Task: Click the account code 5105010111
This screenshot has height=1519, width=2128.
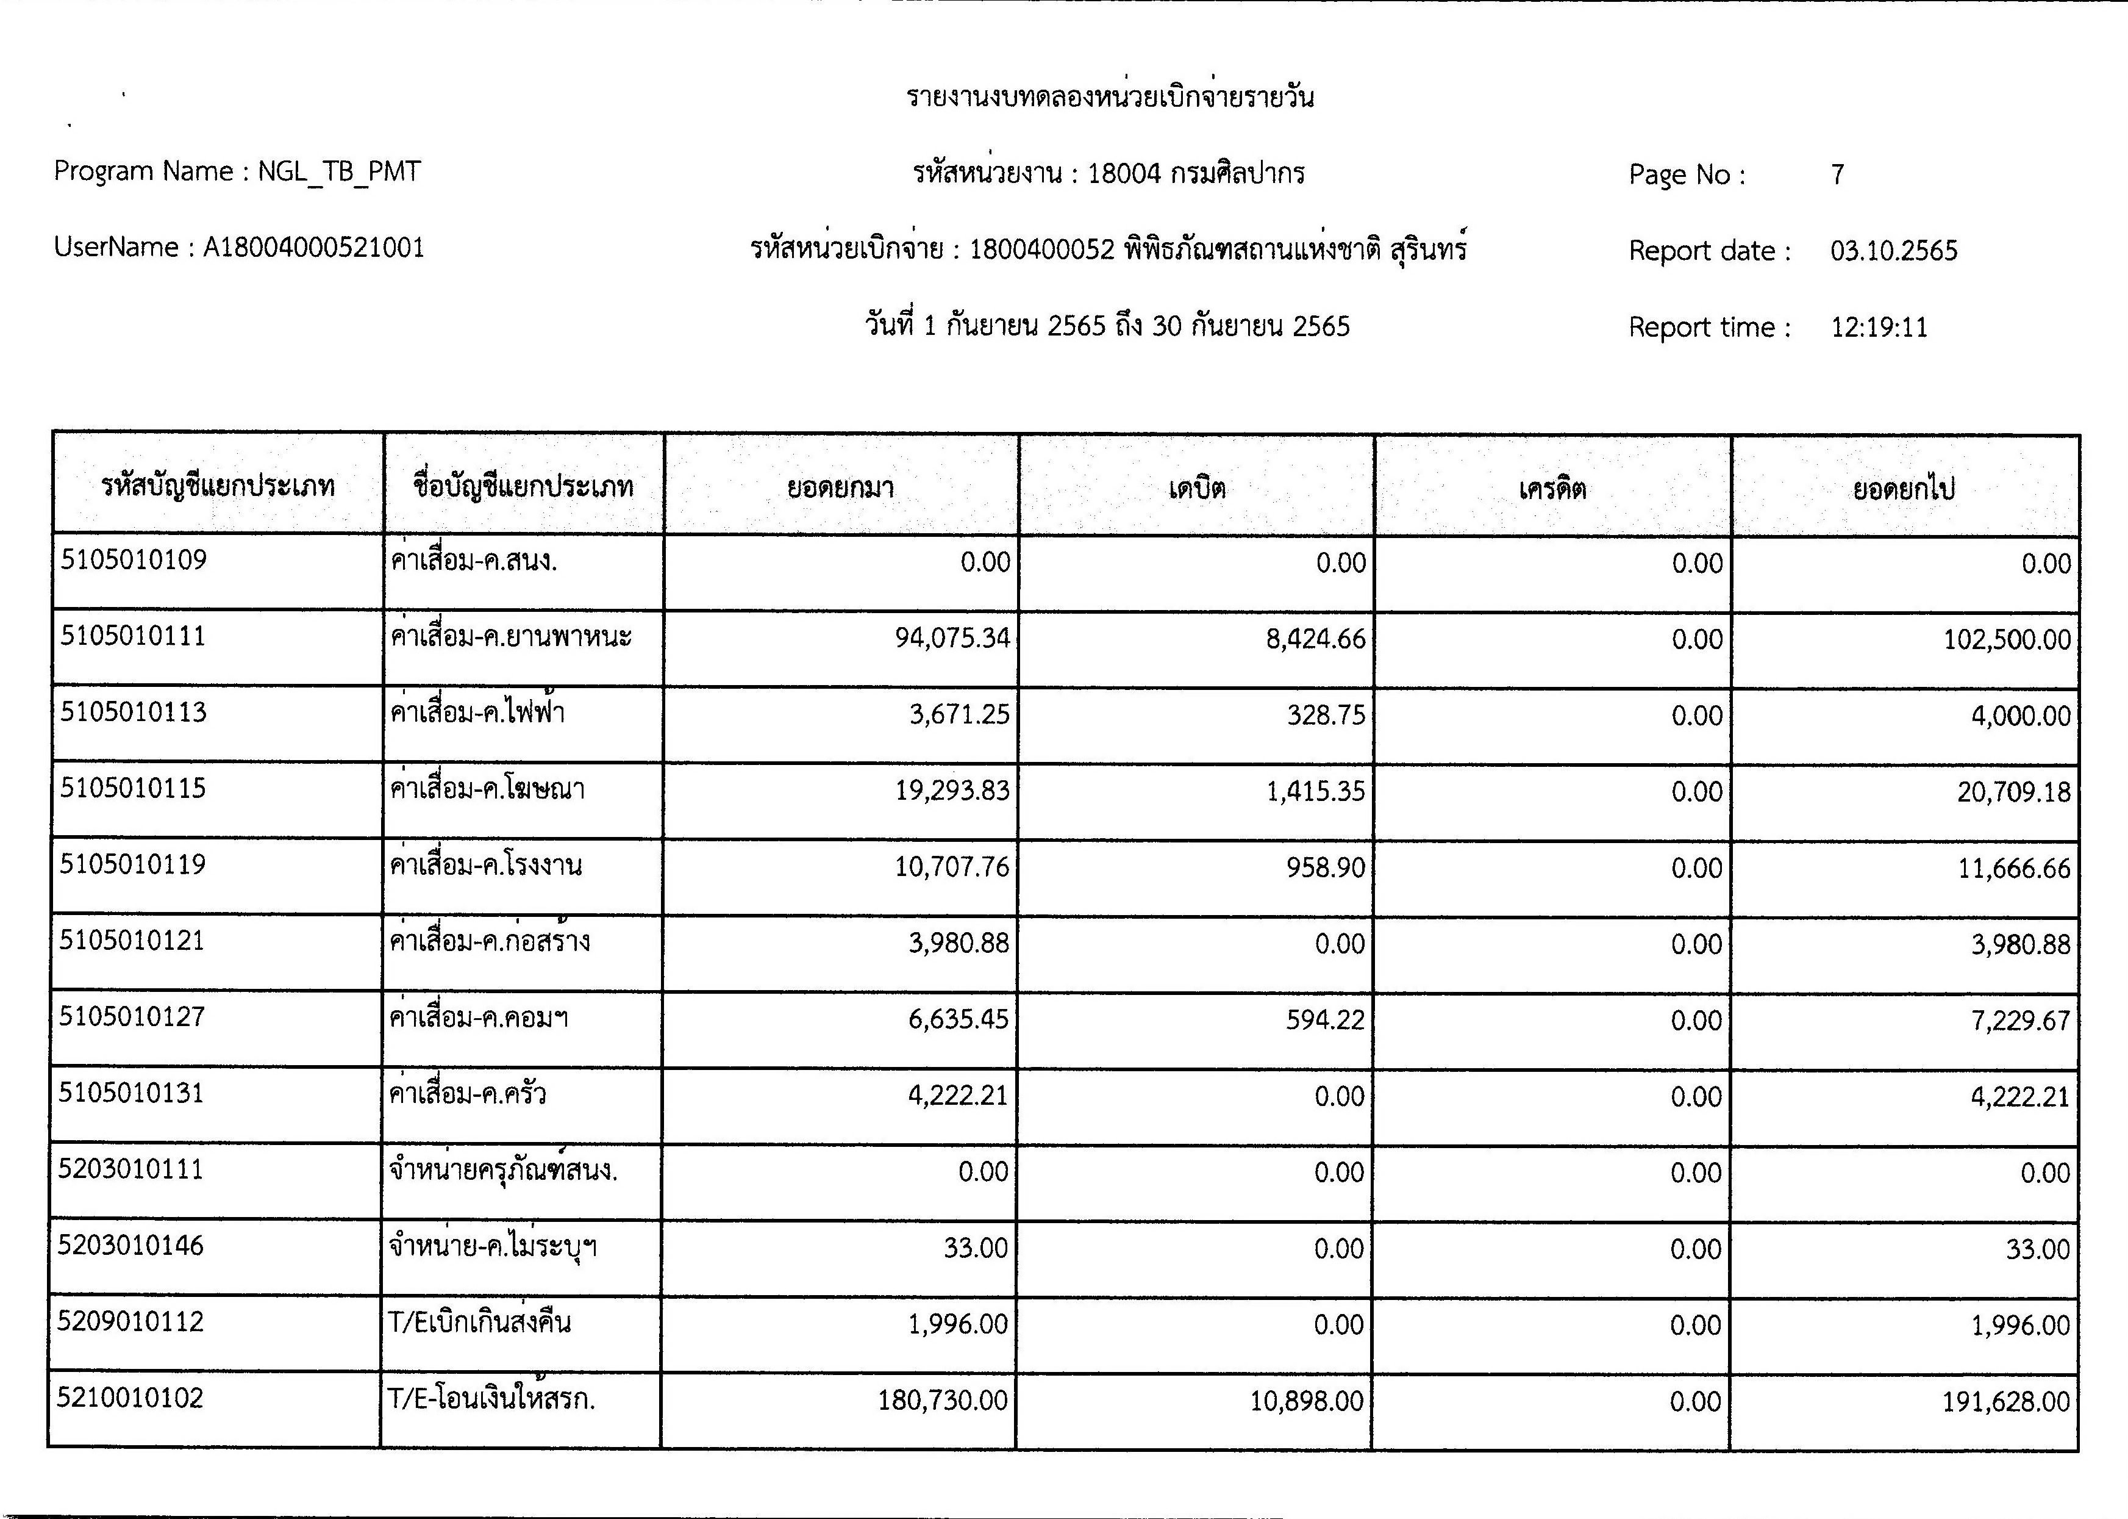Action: point(133,636)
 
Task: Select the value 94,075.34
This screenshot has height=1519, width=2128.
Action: point(952,638)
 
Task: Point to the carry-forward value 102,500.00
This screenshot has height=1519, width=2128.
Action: point(2007,640)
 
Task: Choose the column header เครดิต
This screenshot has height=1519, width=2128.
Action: point(1552,488)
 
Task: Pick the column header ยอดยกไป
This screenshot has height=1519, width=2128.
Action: point(1904,488)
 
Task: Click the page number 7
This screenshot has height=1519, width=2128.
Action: point(1837,175)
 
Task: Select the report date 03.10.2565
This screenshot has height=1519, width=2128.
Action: point(1893,251)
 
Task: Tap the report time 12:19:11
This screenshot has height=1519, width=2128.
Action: point(1879,328)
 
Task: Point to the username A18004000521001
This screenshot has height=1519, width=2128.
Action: point(313,248)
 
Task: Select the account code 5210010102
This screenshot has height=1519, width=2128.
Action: point(130,1398)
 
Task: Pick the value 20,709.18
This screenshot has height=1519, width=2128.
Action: point(2014,792)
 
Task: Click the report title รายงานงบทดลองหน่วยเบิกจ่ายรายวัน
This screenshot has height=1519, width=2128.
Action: point(1110,97)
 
